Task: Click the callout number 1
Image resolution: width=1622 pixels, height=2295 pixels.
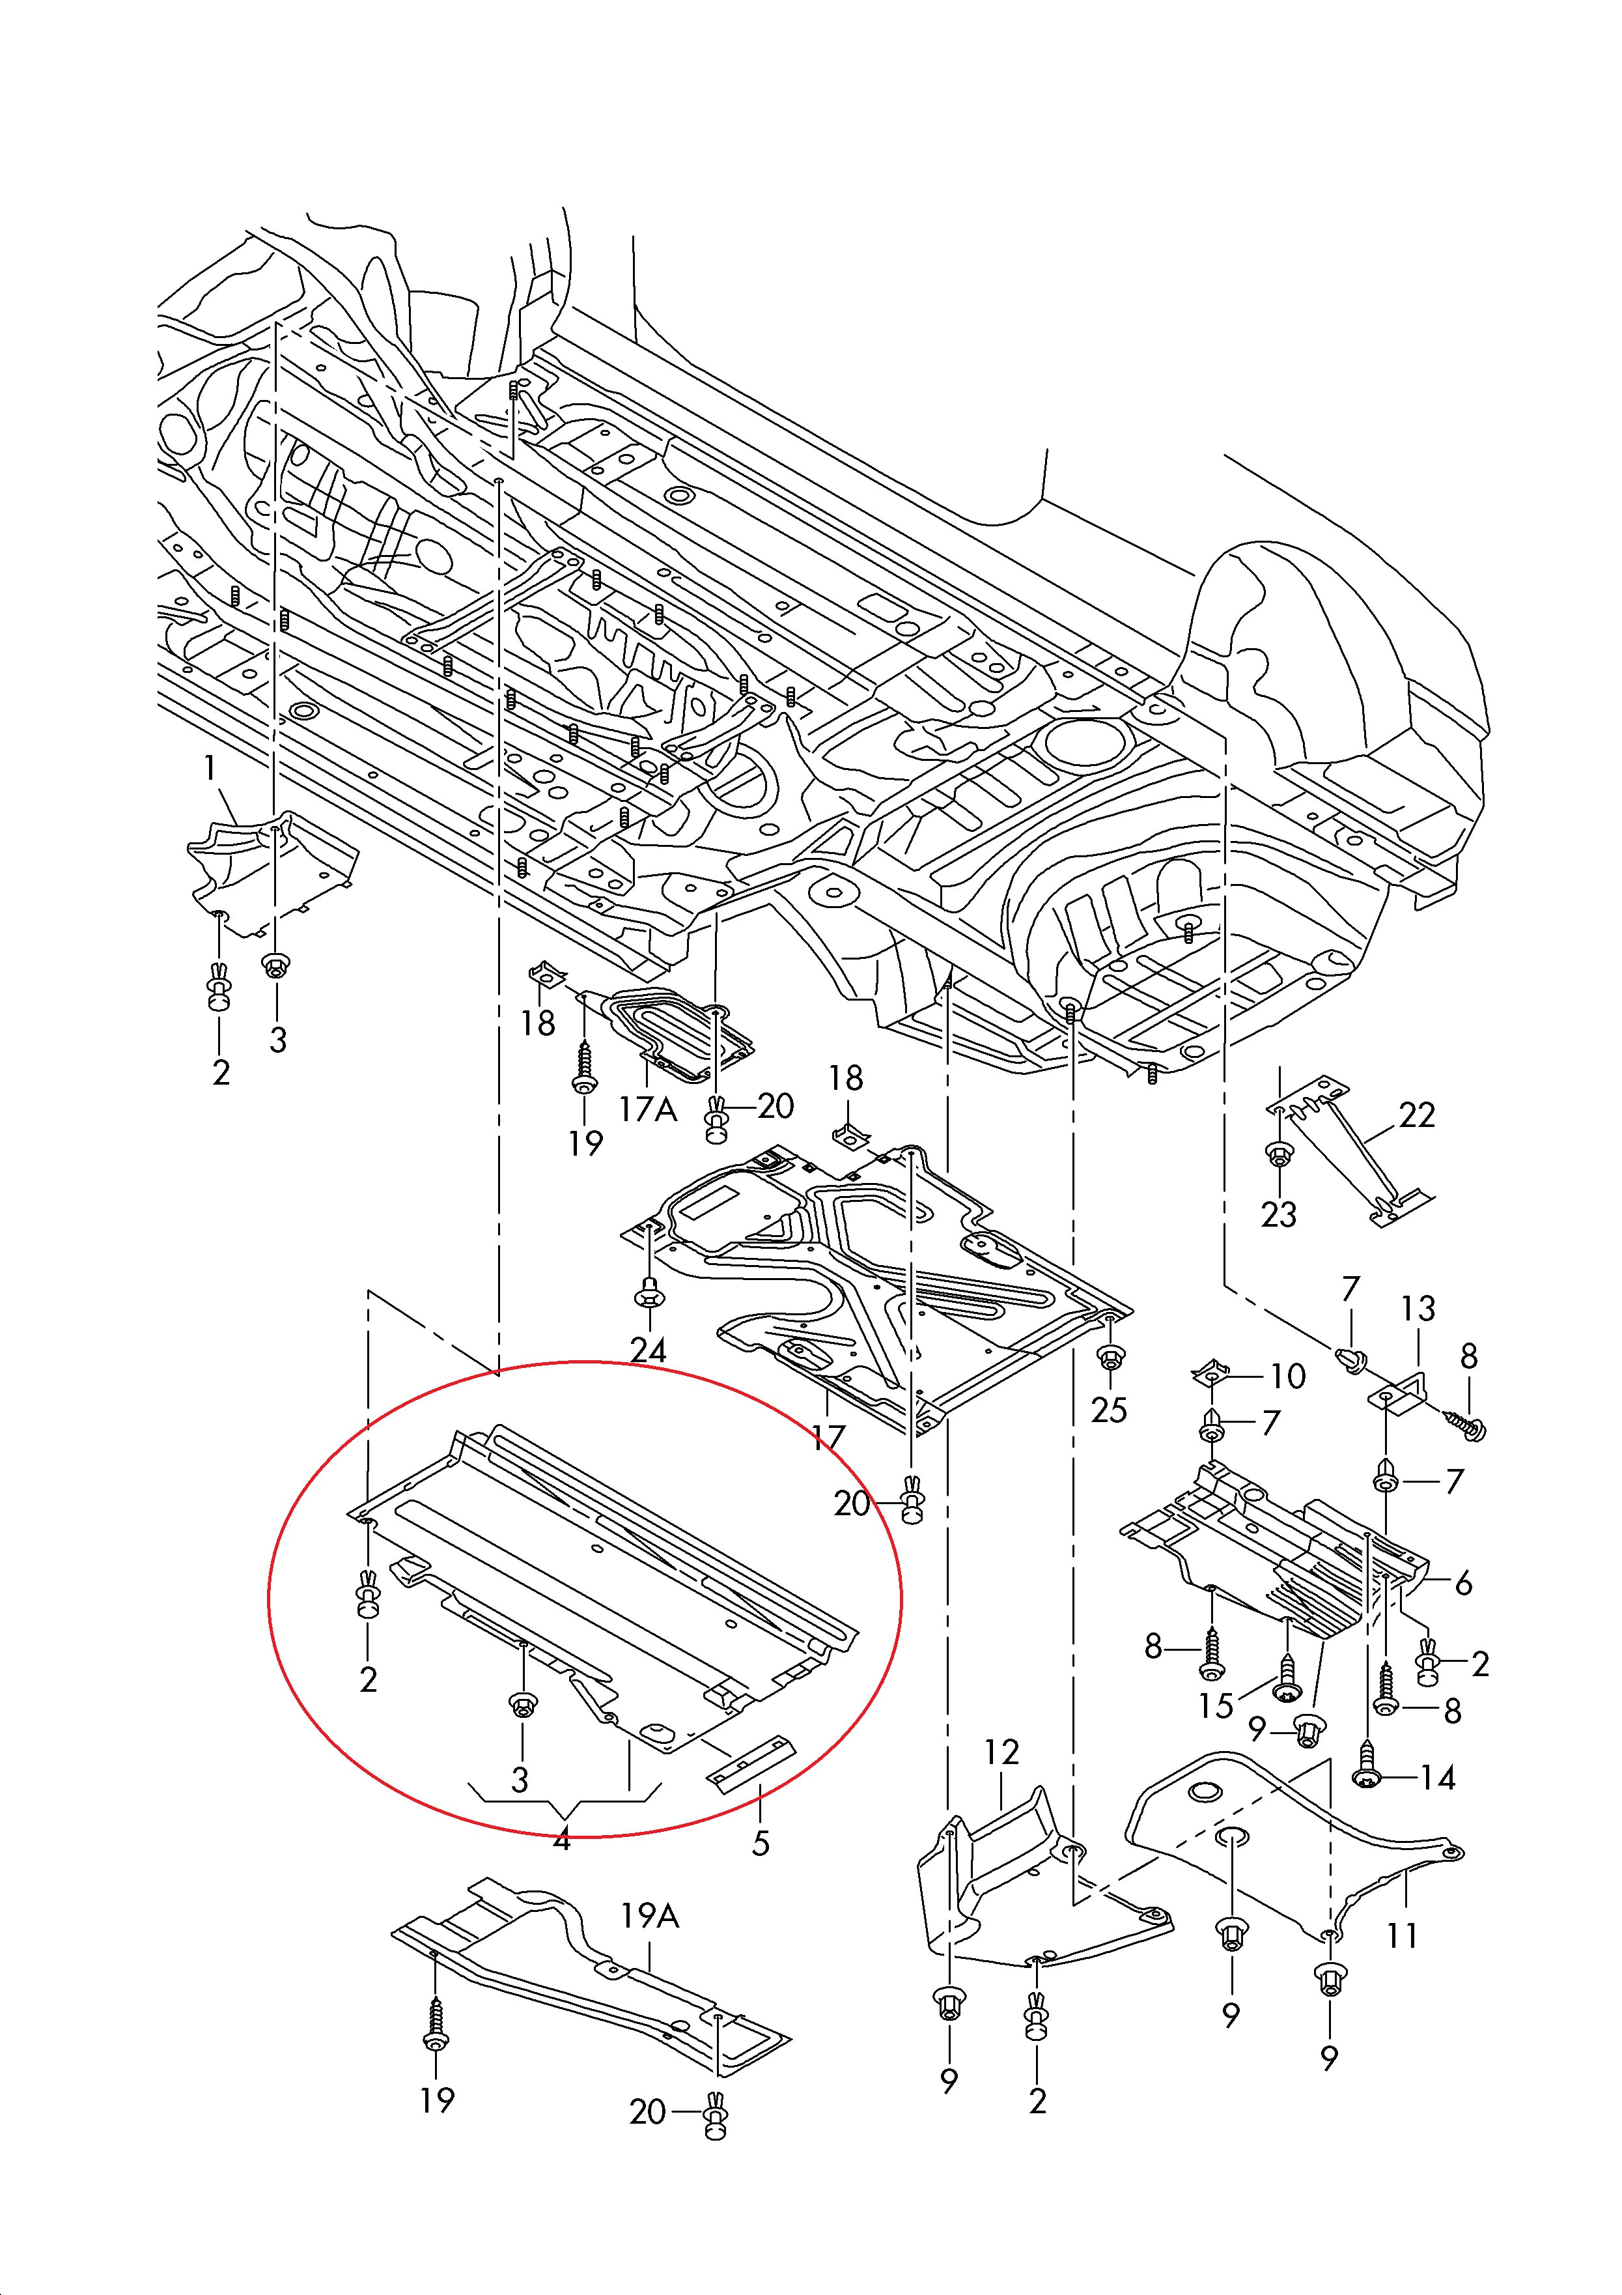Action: click(x=210, y=769)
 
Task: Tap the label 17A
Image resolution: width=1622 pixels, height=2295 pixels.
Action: click(x=649, y=1109)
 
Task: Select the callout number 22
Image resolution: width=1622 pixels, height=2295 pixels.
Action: click(x=1417, y=1115)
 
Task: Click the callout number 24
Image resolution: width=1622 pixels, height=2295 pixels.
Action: click(x=648, y=1352)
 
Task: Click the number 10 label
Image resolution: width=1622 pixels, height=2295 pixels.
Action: click(x=1288, y=1376)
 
